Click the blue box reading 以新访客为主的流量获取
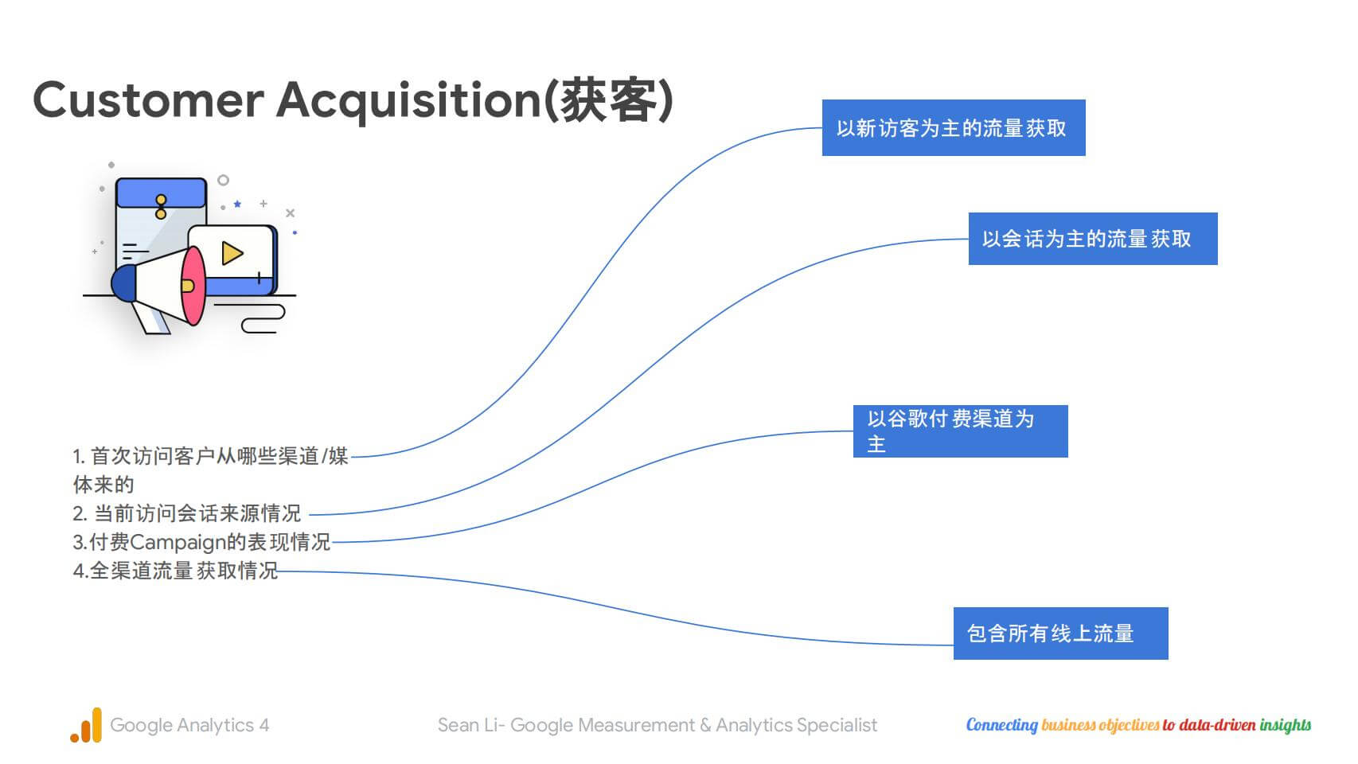pos(953,127)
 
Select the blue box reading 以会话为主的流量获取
pos(1092,239)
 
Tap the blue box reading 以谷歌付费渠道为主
pos(959,431)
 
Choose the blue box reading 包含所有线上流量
pos(1059,633)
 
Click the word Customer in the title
pos(148,100)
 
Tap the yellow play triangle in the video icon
pos(232,253)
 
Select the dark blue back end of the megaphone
pos(123,283)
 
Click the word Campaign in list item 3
pos(177,542)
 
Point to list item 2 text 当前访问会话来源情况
pos(197,513)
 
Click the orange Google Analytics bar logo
pos(86,725)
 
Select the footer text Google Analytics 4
pos(189,725)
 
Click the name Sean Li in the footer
pos(466,725)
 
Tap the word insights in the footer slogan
pos(1285,725)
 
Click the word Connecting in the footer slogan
pos(1001,725)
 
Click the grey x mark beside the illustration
pos(290,213)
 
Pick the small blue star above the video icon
pos(237,205)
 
